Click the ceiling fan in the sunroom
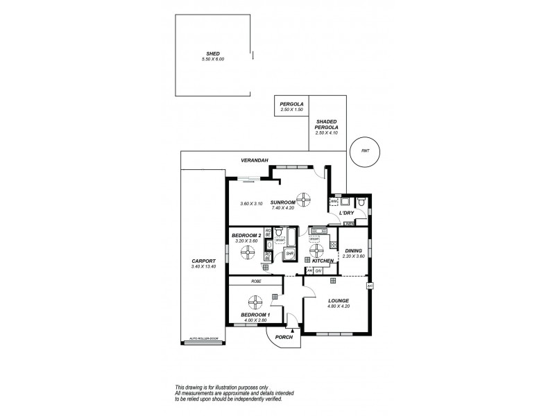[x=302, y=197]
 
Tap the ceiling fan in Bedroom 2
[x=248, y=252]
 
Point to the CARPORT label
[x=204, y=261]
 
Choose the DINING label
[x=353, y=251]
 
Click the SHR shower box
[x=290, y=254]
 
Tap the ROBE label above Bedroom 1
[x=256, y=281]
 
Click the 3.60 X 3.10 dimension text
[x=250, y=204]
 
